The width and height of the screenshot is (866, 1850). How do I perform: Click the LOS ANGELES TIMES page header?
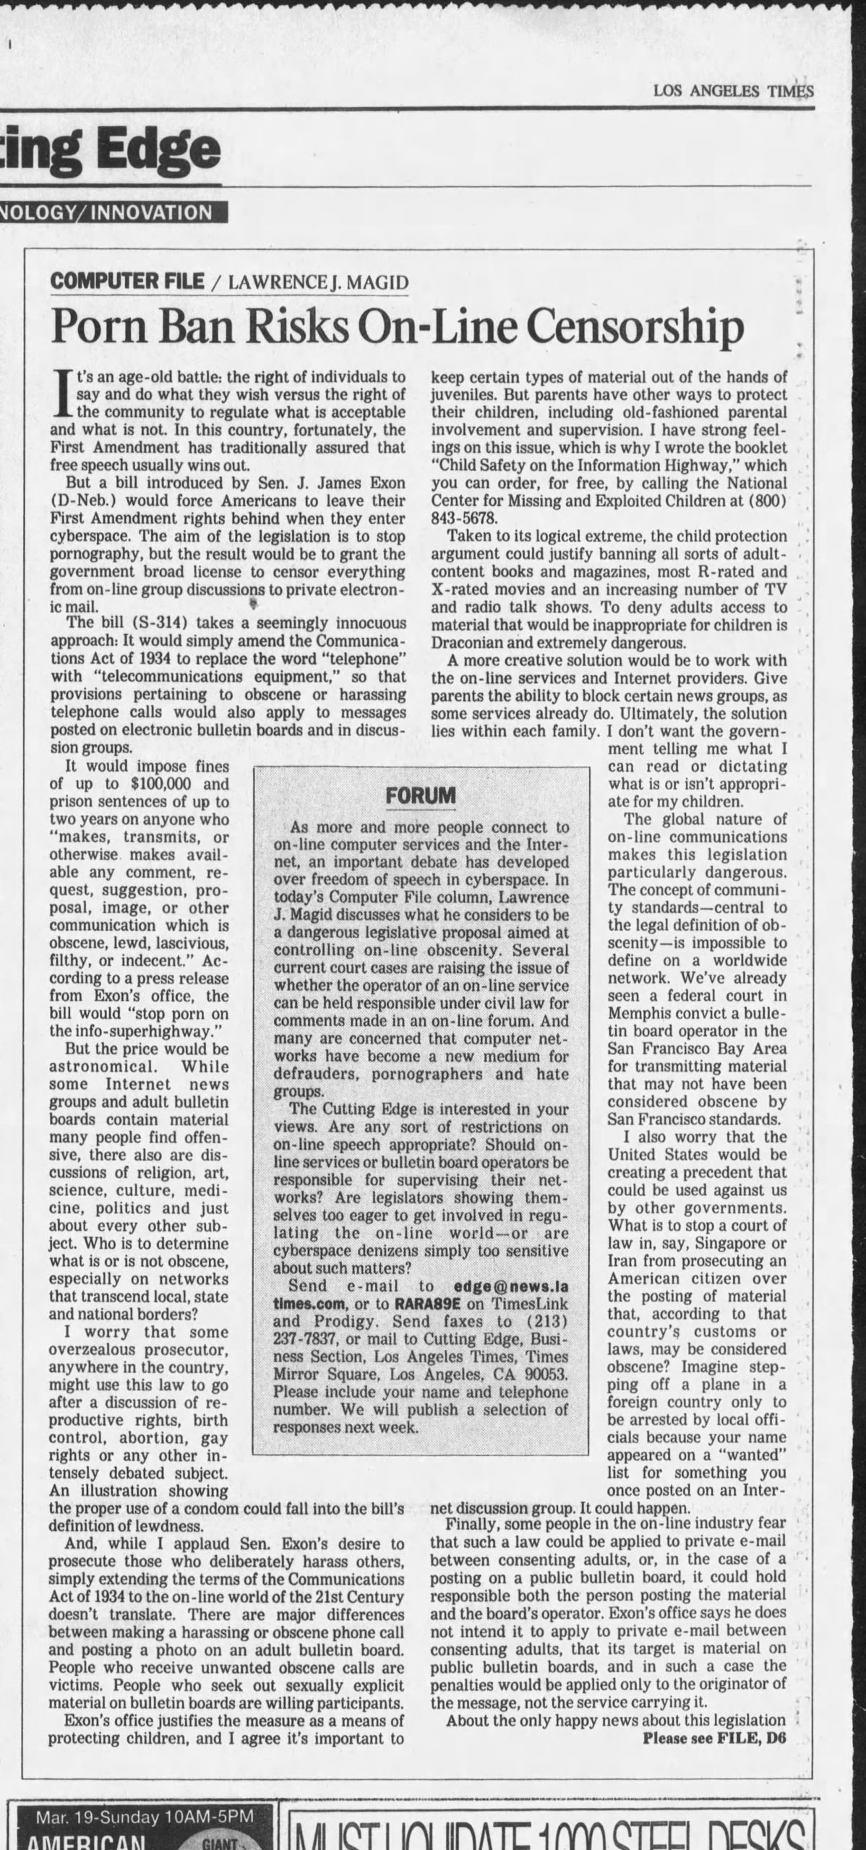[x=733, y=91]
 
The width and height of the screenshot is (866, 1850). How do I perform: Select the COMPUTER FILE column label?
[x=127, y=280]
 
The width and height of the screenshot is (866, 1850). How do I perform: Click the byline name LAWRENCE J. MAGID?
[x=317, y=282]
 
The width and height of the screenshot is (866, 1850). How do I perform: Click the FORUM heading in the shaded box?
[x=421, y=796]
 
